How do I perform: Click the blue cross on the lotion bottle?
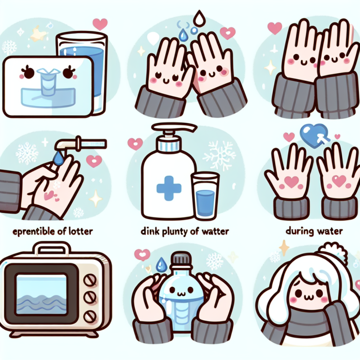click(x=169, y=188)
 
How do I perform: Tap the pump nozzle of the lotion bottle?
click(x=175, y=127)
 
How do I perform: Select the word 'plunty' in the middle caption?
click(x=174, y=232)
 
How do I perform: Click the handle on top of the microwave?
click(x=52, y=248)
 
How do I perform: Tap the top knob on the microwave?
click(x=91, y=281)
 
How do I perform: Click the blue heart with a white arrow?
click(x=314, y=134)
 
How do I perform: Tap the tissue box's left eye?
click(x=29, y=72)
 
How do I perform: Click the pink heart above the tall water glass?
click(x=100, y=24)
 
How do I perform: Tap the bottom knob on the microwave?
click(x=90, y=317)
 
